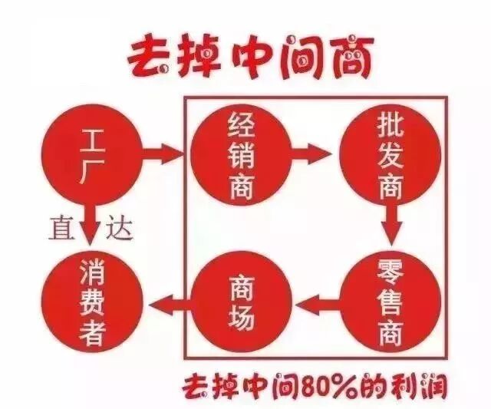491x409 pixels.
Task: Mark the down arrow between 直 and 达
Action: point(91,224)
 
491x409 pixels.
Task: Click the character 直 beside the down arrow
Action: point(62,228)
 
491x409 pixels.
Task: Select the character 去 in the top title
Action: point(150,56)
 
